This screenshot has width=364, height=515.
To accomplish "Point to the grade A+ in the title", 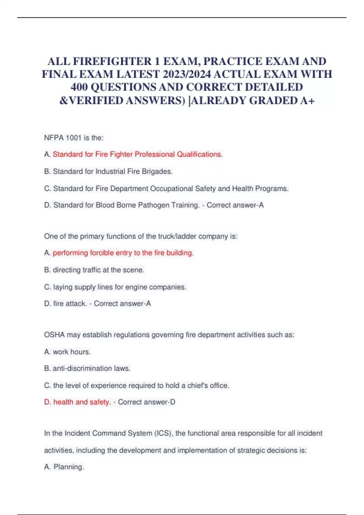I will coord(307,101).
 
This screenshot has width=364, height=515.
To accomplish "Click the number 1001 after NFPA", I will coord(74,138).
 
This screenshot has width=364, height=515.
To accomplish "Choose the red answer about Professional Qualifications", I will coord(138,154).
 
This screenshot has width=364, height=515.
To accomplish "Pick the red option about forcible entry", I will coord(123,253).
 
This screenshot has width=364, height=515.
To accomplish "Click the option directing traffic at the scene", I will coord(98,270).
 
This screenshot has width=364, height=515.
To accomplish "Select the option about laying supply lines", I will coord(120,287).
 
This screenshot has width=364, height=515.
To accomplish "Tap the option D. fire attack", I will coord(66,304).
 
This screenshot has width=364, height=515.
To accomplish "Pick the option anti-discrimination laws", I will coord(91,368).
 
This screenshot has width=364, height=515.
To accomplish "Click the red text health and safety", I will coord(82,402).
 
